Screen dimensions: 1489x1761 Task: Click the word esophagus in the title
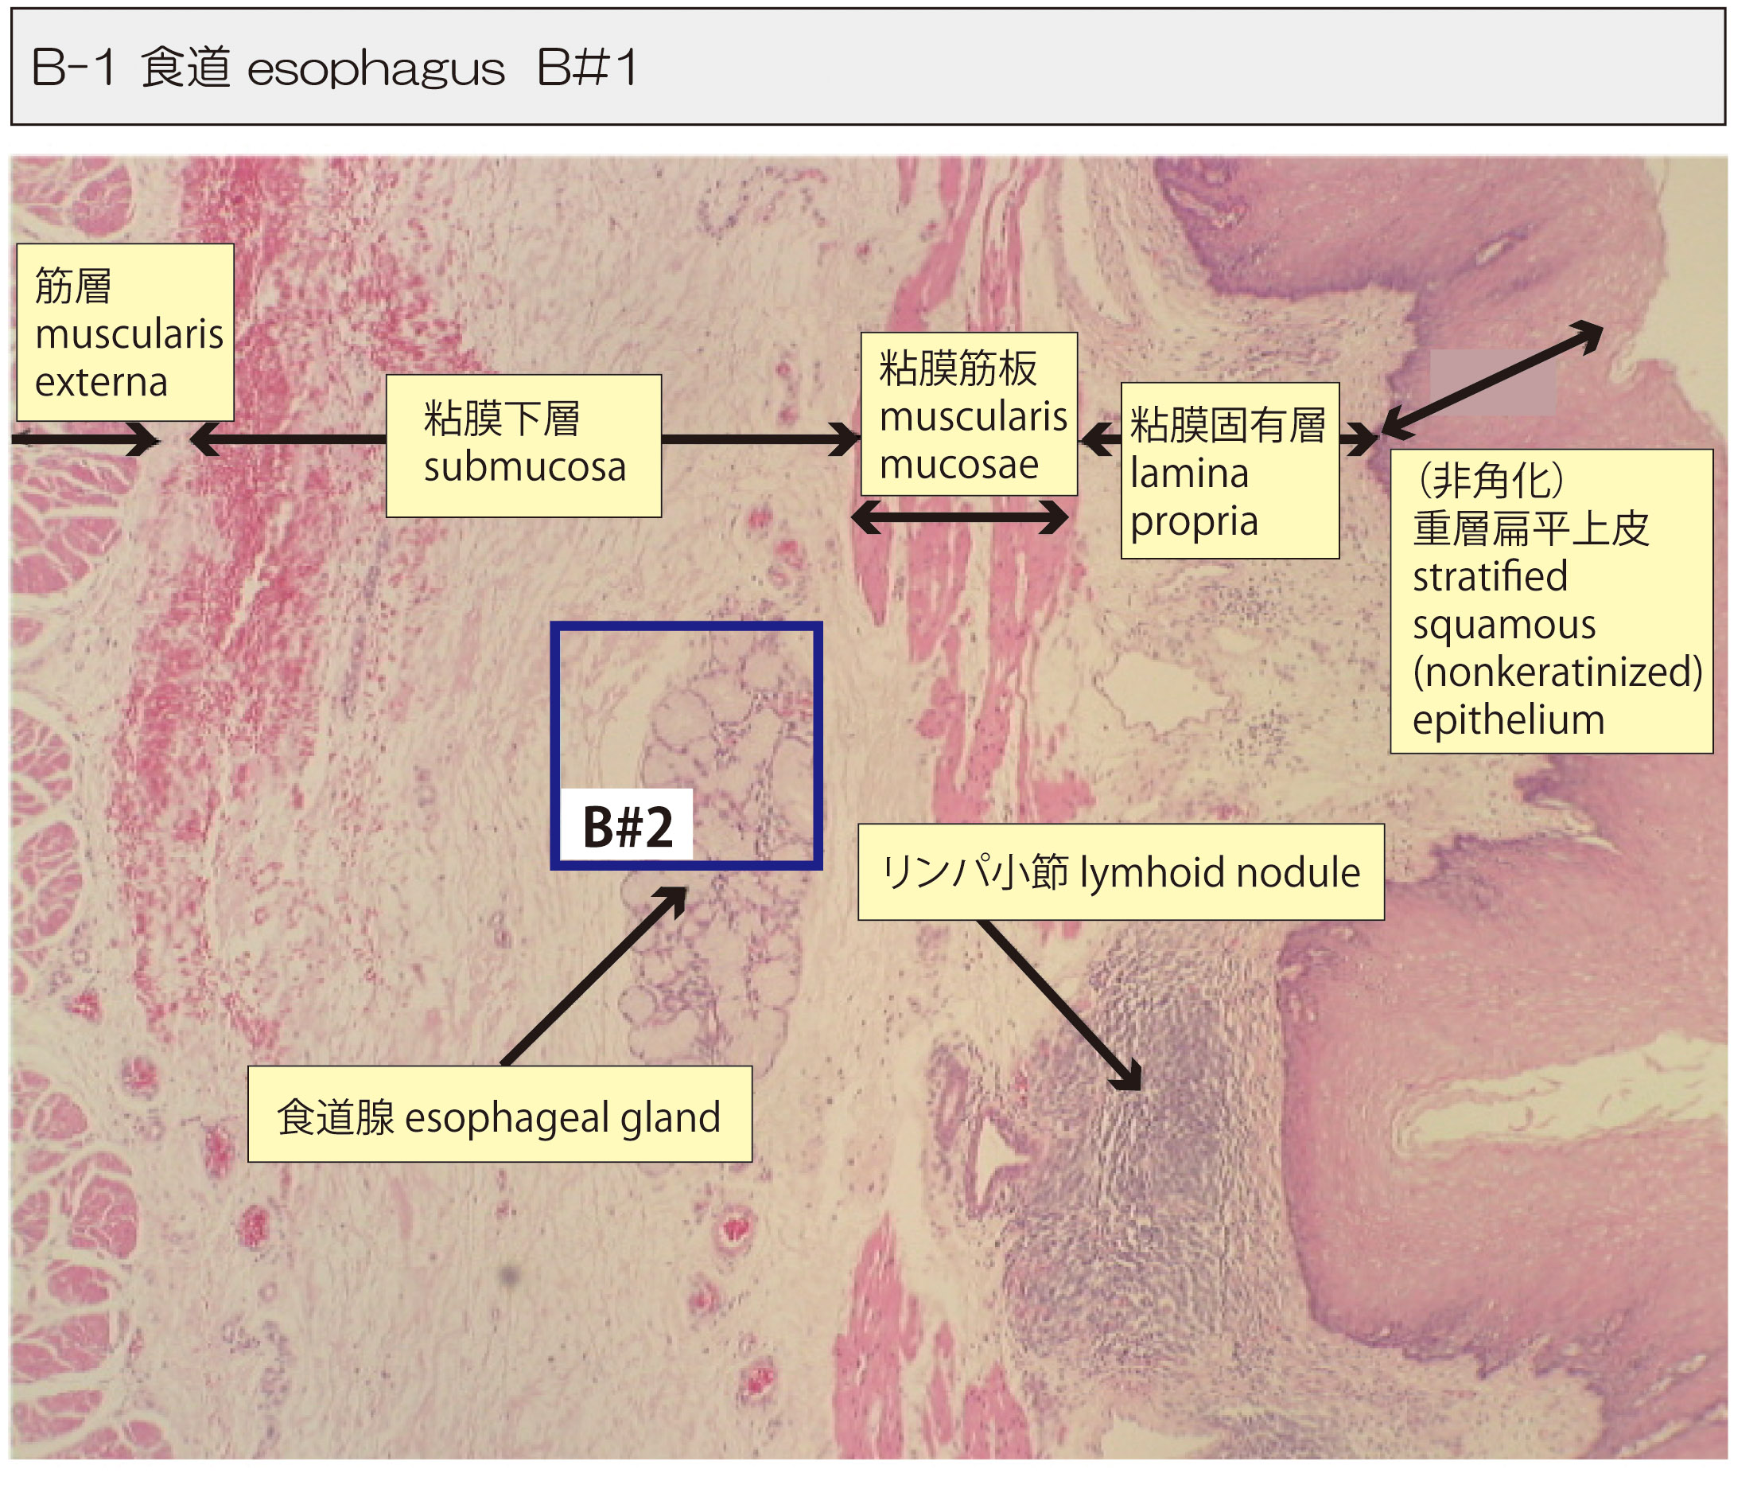(x=375, y=69)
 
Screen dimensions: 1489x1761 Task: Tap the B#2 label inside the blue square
(x=628, y=827)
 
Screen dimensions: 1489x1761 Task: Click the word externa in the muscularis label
(x=101, y=382)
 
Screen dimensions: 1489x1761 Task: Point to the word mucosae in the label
(x=958, y=464)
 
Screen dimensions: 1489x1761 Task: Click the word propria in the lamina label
(x=1194, y=520)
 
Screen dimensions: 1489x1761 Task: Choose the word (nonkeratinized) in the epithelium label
(x=1557, y=672)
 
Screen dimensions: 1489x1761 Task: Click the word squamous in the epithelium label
(x=1503, y=625)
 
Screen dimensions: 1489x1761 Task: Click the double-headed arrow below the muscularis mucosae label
(x=959, y=517)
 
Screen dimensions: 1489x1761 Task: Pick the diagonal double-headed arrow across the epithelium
(x=1492, y=380)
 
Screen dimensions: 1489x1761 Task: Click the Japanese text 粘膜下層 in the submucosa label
(x=501, y=419)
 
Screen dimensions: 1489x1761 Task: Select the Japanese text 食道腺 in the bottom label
(x=335, y=1117)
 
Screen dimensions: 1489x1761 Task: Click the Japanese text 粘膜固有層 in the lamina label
(x=1228, y=425)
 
